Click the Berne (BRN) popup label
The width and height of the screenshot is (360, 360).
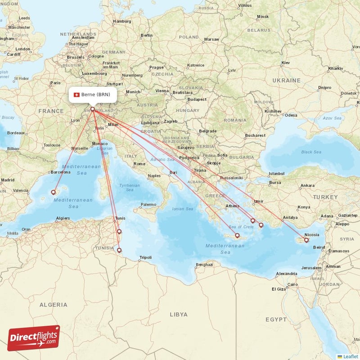point(93,94)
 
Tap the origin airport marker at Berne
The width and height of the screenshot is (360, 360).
point(93,109)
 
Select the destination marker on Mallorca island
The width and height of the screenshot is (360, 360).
point(53,192)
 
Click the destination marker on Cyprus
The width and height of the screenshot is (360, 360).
point(306,240)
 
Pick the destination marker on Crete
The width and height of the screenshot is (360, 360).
point(237,235)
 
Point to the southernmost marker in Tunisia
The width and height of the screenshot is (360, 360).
point(119,251)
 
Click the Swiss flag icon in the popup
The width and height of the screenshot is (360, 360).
point(76,94)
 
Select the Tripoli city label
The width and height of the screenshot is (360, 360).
point(145,257)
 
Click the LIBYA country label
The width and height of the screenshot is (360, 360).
point(178,315)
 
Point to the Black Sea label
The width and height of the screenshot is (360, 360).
point(311,152)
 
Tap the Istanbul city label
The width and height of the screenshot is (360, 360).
point(277,173)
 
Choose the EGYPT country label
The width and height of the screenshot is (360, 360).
point(276,319)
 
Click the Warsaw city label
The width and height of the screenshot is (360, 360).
point(211,39)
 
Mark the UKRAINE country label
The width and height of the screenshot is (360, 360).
point(286,80)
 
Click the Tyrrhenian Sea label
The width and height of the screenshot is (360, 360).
point(130,188)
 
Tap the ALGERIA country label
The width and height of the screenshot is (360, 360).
point(53,305)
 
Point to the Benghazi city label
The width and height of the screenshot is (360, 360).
point(204,265)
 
